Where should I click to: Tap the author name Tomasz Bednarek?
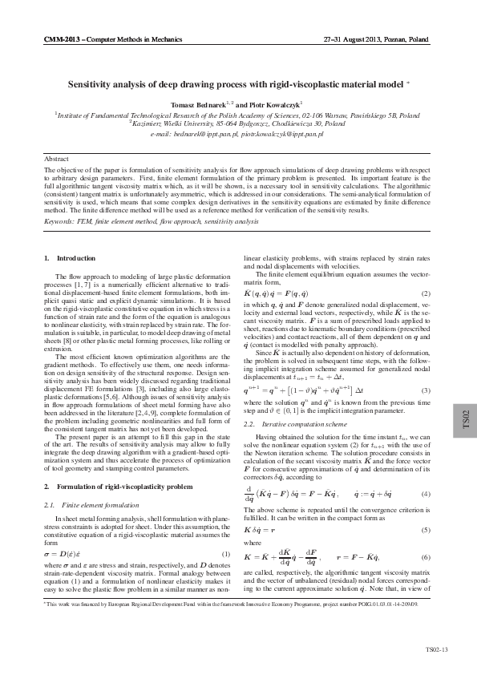pyautogui.click(x=195, y=104)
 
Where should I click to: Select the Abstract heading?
pyautogui.click(x=56, y=160)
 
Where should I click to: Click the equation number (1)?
pyautogui.click(x=225, y=555)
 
